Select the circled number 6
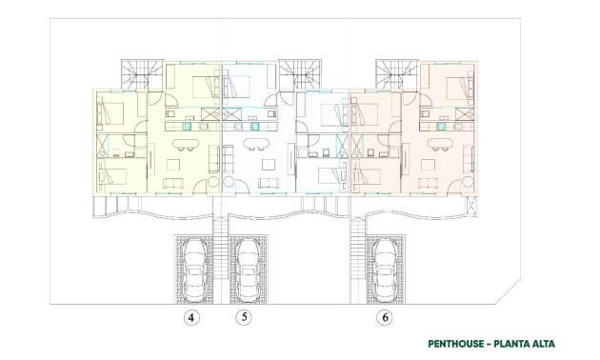click(x=385, y=318)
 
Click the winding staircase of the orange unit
click(x=395, y=73)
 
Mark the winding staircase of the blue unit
click(x=297, y=73)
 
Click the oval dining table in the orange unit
click(x=439, y=146)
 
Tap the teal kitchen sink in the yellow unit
click(x=188, y=123)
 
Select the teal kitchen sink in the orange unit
click(x=443, y=123)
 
